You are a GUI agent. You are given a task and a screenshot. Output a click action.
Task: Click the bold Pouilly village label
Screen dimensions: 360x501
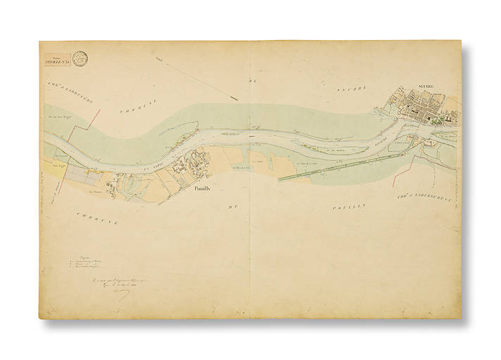(203, 188)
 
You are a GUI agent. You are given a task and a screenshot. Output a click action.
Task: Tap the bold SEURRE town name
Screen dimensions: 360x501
(427, 86)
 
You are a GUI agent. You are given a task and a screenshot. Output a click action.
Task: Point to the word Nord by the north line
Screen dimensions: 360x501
(160, 67)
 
